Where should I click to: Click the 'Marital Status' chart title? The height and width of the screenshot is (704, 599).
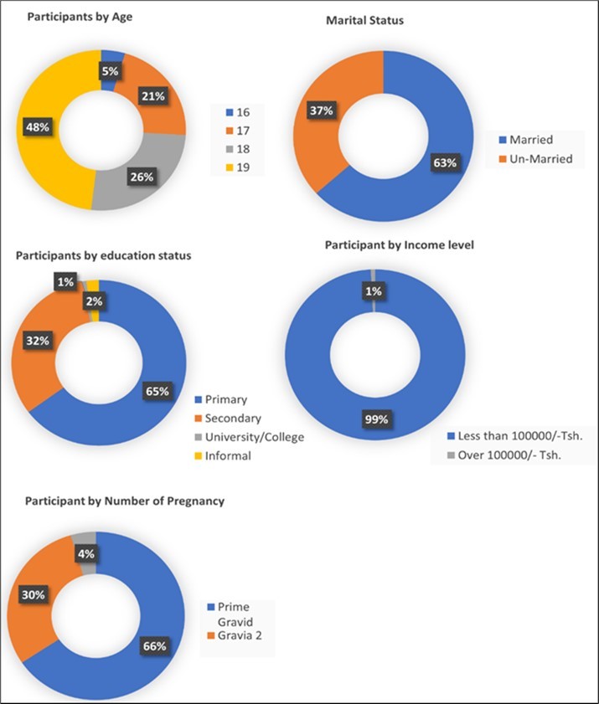click(x=364, y=20)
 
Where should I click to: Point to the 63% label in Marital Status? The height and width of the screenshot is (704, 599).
click(x=445, y=162)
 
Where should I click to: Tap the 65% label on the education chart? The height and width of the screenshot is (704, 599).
click(x=158, y=391)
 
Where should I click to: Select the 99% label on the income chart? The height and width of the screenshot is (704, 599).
click(x=376, y=419)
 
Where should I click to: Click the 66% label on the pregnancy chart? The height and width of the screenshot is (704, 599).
click(x=157, y=645)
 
